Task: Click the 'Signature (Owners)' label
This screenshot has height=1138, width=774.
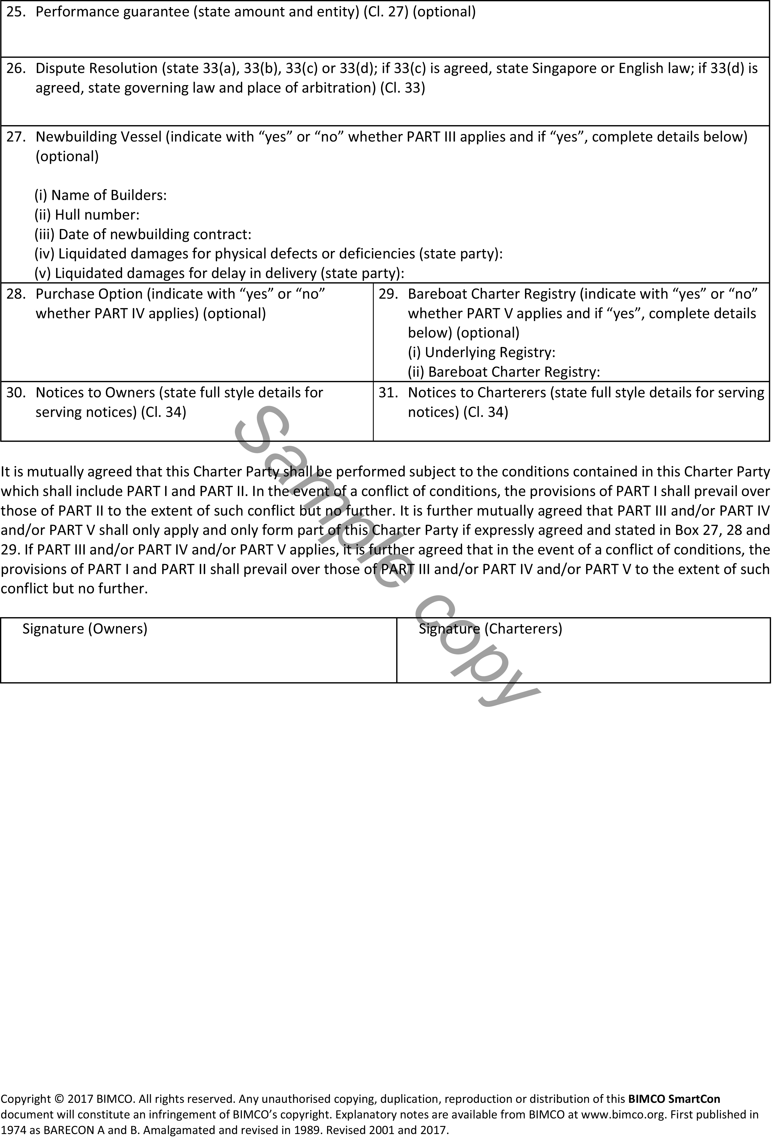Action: tap(85, 629)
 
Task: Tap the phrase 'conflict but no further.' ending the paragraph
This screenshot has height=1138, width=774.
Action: tap(74, 589)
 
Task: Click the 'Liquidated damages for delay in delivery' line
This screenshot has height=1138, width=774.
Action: tap(219, 273)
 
